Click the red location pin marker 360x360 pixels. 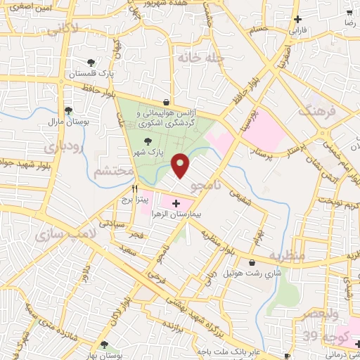tap(181, 165)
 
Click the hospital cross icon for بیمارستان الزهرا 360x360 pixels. tap(175, 202)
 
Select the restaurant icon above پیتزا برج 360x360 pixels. tap(134, 189)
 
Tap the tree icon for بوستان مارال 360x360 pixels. tap(68, 110)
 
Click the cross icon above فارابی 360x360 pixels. tap(298, 19)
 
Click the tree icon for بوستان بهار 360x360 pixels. tap(104, 345)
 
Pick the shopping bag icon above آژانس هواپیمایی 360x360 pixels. tap(166, 101)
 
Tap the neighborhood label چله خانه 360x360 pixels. tap(200, 58)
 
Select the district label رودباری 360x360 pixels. tap(64, 148)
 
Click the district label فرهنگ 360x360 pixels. tap(314, 110)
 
